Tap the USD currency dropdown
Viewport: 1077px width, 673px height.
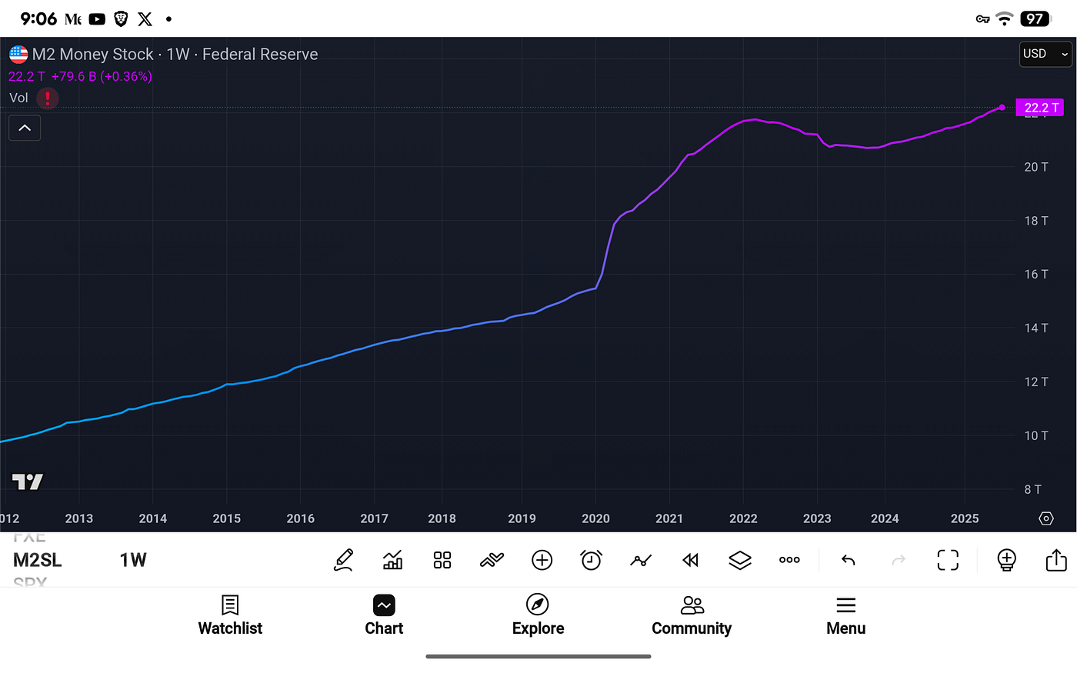1045,54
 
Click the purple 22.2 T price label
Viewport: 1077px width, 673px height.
1040,108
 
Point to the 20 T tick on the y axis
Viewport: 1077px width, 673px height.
1035,167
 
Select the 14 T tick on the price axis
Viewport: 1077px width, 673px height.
1035,328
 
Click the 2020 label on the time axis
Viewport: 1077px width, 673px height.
595,518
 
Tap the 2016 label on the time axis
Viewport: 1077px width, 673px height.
300,518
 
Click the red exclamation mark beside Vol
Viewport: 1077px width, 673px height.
48,98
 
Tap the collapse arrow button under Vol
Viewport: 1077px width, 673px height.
25,128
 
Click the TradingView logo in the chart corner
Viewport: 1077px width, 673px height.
28,482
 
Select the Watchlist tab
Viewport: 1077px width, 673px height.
230,615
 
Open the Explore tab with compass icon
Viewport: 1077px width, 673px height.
538,615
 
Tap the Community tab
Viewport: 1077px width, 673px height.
692,615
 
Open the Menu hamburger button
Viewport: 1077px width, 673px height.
845,615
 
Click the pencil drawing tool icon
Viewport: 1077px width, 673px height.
343,560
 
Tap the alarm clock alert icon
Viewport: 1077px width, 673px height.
591,560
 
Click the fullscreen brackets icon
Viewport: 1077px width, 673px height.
948,560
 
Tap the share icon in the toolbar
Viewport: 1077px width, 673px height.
1056,560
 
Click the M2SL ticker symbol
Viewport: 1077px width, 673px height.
37,560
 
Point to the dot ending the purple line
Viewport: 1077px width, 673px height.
1002,108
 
